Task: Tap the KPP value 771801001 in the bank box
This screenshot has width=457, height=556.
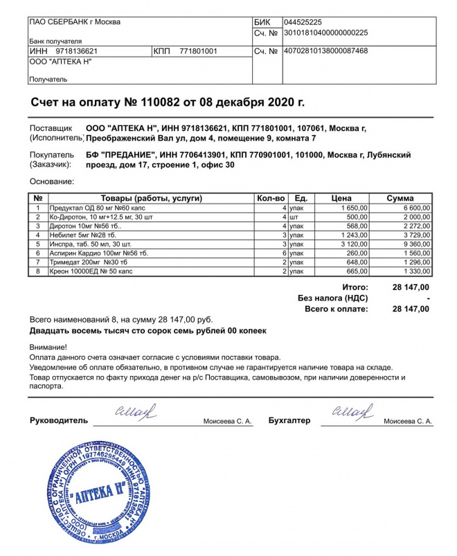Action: click(198, 51)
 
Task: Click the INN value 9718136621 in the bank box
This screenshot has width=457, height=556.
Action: click(72, 51)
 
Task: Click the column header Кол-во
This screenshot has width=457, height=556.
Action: click(271, 198)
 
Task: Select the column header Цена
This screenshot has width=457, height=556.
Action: click(341, 198)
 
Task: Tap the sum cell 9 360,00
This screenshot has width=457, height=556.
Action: click(415, 244)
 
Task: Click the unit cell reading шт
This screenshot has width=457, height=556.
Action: click(294, 217)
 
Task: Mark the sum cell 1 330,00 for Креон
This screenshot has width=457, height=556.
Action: click(415, 271)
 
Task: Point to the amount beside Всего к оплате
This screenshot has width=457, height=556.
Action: click(411, 309)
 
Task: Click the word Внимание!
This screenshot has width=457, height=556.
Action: click(48, 346)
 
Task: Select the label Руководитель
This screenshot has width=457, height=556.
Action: click(59, 421)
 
